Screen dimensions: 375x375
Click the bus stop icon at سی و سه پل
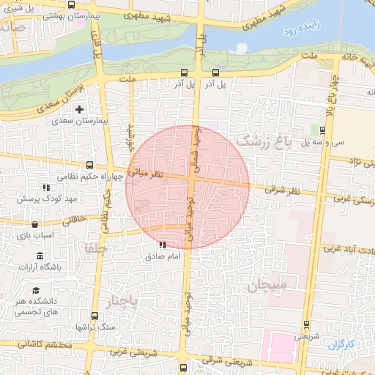pos(324,131)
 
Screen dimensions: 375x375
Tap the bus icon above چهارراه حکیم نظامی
pos(89,165)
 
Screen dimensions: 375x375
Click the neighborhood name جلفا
pos(95,248)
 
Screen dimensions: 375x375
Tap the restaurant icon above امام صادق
pos(162,245)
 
